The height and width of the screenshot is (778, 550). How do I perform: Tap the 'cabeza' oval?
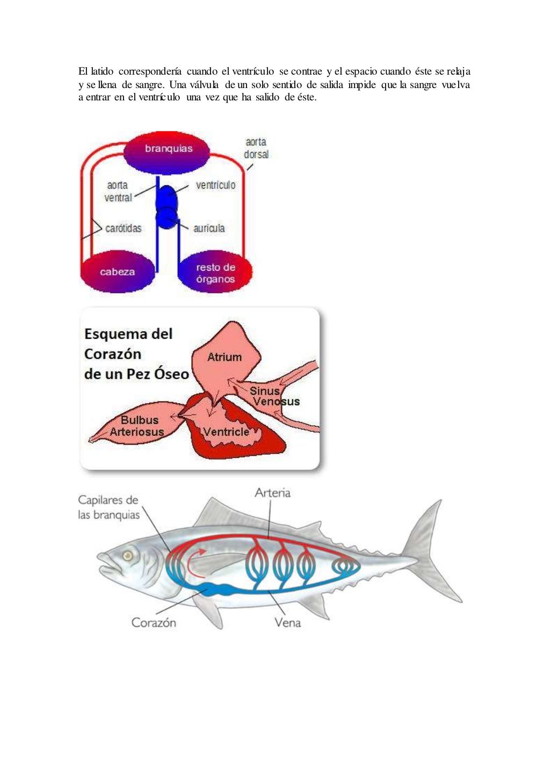tap(117, 272)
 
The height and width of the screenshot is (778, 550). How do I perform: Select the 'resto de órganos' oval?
tap(215, 273)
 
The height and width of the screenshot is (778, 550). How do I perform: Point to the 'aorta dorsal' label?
tap(256, 148)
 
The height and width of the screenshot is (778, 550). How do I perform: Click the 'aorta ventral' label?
tap(118, 192)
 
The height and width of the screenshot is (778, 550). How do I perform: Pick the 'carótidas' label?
tap(123, 228)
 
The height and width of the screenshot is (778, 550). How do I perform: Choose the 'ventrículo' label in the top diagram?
tap(215, 185)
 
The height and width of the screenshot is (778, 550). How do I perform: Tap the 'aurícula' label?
tap(209, 228)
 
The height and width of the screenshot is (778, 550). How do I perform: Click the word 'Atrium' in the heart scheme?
tap(225, 357)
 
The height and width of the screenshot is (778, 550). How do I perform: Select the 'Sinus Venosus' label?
tap(273, 396)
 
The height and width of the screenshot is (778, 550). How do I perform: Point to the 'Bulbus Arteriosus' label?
tap(137, 426)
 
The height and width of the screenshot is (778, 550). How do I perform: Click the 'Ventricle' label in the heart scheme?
tap(226, 432)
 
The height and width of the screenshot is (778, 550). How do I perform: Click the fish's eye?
tap(128, 555)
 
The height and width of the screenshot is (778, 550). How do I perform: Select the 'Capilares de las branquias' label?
tap(108, 507)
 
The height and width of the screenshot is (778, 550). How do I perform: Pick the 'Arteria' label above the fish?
tap(272, 492)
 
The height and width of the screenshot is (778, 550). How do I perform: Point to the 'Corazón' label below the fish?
tap(154, 622)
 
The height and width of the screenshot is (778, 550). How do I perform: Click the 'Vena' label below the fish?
tap(287, 622)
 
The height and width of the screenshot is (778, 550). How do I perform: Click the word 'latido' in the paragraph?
tap(102, 71)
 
